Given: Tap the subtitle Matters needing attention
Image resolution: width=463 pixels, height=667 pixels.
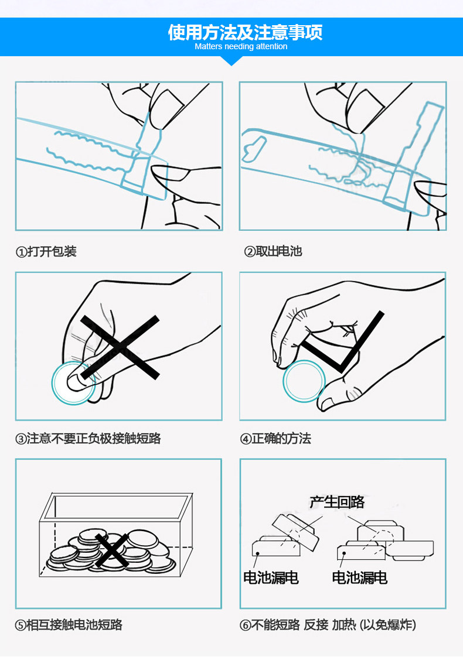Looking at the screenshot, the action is (241, 47).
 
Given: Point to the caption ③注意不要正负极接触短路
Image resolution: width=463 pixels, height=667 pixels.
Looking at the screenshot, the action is (88, 438).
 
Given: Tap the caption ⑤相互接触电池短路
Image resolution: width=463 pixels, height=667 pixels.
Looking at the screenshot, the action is (69, 625).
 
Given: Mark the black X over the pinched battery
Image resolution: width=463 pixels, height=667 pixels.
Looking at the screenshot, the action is (120, 347).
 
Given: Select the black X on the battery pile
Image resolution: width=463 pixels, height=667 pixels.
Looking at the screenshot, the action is (112, 550).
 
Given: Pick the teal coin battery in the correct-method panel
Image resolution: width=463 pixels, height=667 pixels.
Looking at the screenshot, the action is (304, 381).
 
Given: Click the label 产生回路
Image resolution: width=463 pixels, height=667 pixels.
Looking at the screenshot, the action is (337, 502).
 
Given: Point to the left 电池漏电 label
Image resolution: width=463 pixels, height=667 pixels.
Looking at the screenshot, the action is (271, 578).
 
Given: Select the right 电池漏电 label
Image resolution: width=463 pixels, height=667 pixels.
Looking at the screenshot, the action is (359, 578).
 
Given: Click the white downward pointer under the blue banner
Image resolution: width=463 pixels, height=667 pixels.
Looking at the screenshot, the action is (232, 60).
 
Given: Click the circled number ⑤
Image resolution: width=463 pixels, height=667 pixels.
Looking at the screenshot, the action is (21, 625).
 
